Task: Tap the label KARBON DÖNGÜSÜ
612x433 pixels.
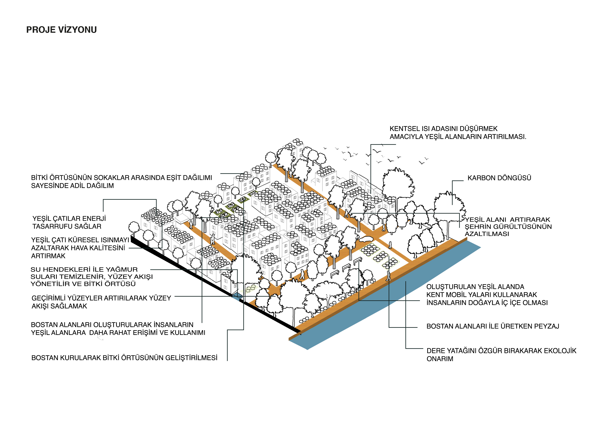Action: coord(499,178)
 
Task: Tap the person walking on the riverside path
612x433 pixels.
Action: coord(388,276)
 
